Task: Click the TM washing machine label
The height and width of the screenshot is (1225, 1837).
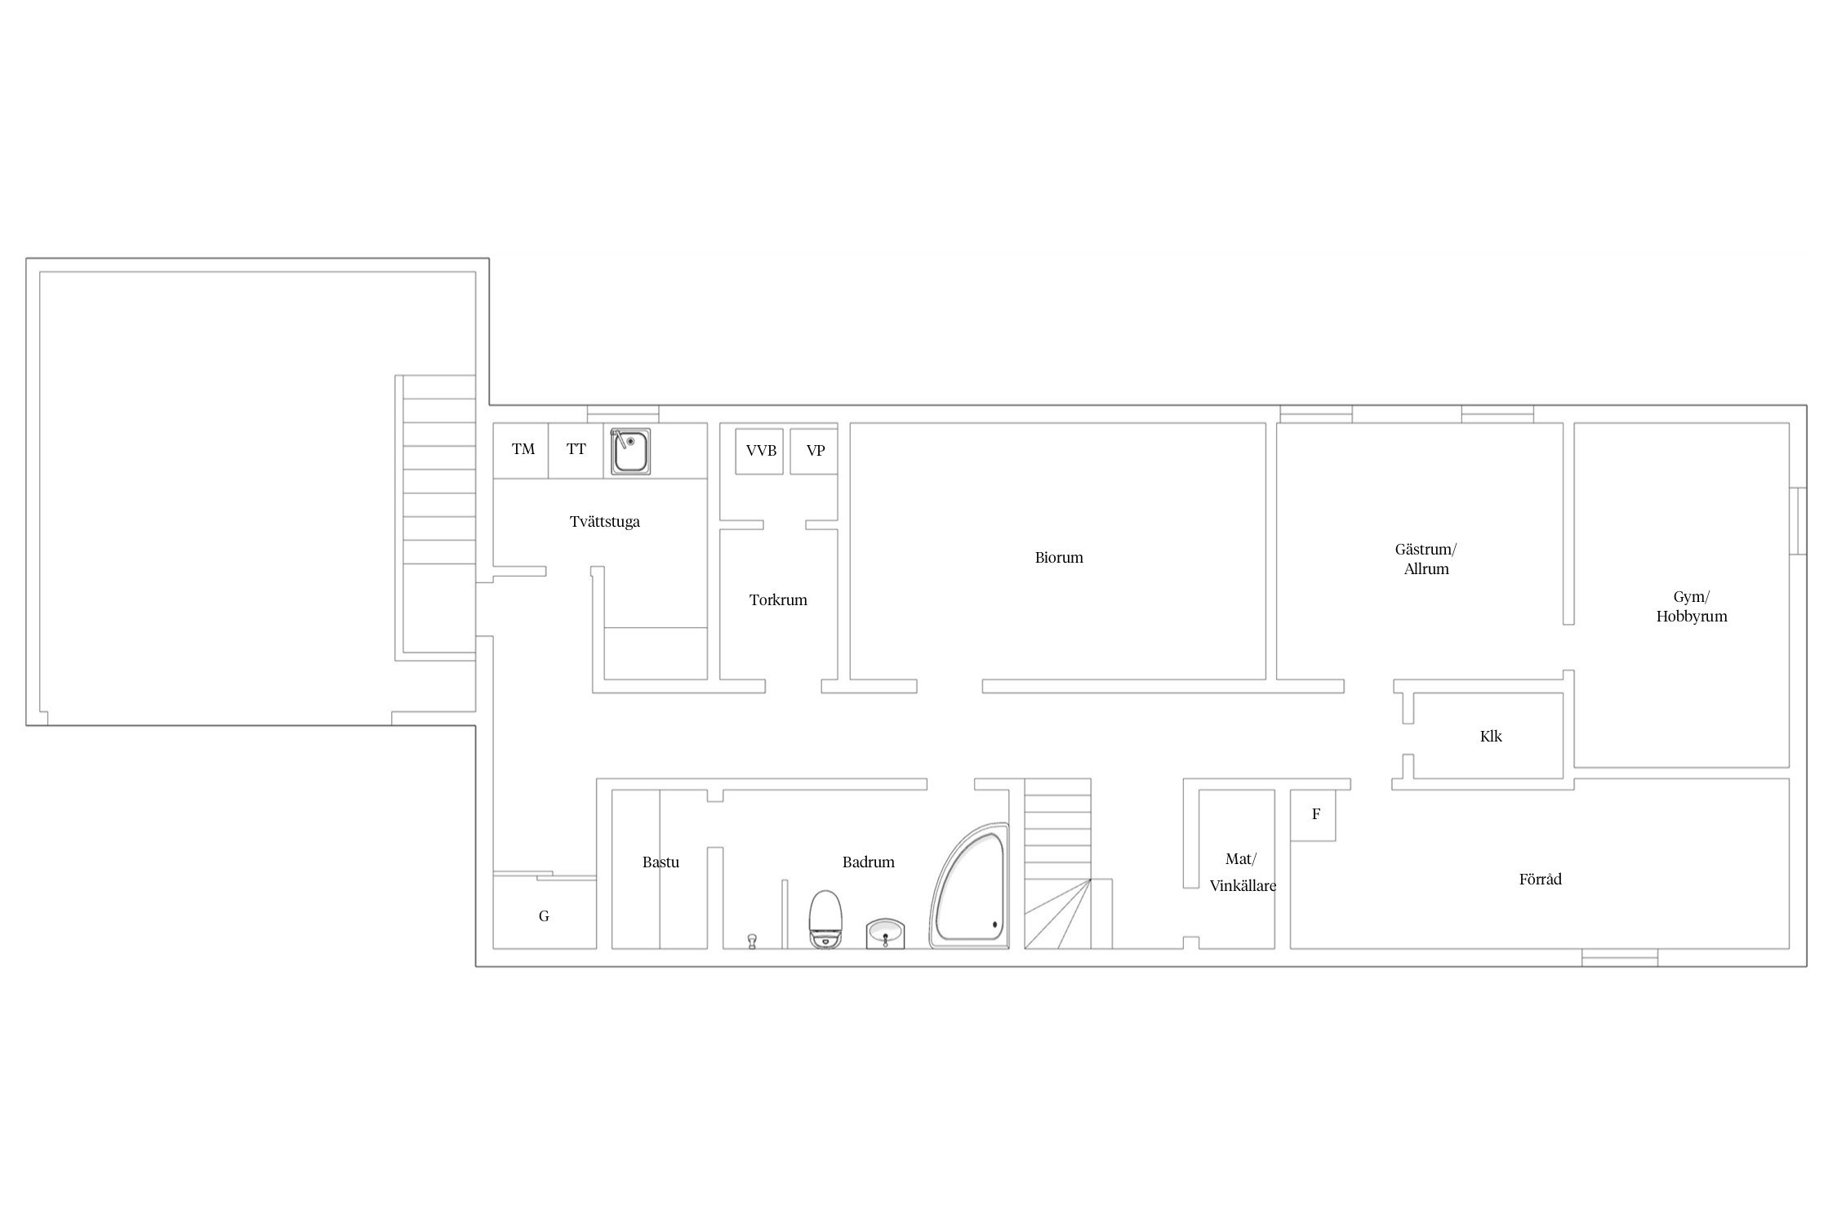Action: click(x=523, y=449)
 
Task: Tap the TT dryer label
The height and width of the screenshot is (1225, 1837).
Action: click(x=576, y=449)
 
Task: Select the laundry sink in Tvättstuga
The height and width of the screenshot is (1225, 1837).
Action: click(x=631, y=452)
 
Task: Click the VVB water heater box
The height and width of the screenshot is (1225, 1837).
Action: click(x=759, y=452)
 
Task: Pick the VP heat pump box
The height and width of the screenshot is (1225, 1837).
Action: click(x=814, y=452)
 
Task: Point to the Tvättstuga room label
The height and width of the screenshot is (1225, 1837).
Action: click(x=605, y=522)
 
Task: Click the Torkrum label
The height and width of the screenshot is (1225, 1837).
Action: click(x=778, y=600)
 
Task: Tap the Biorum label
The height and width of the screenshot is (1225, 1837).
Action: click(x=1059, y=558)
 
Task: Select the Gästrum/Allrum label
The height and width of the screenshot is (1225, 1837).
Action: click(x=1426, y=559)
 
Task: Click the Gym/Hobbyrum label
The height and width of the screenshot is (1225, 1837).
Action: click(x=1692, y=607)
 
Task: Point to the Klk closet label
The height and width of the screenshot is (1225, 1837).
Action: click(x=1491, y=737)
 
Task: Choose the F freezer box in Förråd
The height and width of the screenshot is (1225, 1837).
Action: click(x=1313, y=815)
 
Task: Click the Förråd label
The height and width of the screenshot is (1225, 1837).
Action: click(x=1541, y=880)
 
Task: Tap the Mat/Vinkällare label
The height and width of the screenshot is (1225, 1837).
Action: click(x=1243, y=872)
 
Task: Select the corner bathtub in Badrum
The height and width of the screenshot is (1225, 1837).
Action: click(x=970, y=886)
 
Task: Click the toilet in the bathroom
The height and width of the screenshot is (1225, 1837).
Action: click(x=825, y=919)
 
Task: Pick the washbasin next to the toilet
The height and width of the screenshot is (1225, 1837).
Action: click(x=885, y=933)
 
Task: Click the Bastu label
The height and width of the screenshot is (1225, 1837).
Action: click(x=661, y=862)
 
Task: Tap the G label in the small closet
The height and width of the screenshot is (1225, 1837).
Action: click(x=544, y=916)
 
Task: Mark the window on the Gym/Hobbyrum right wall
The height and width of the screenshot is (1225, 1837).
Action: click(x=1798, y=521)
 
